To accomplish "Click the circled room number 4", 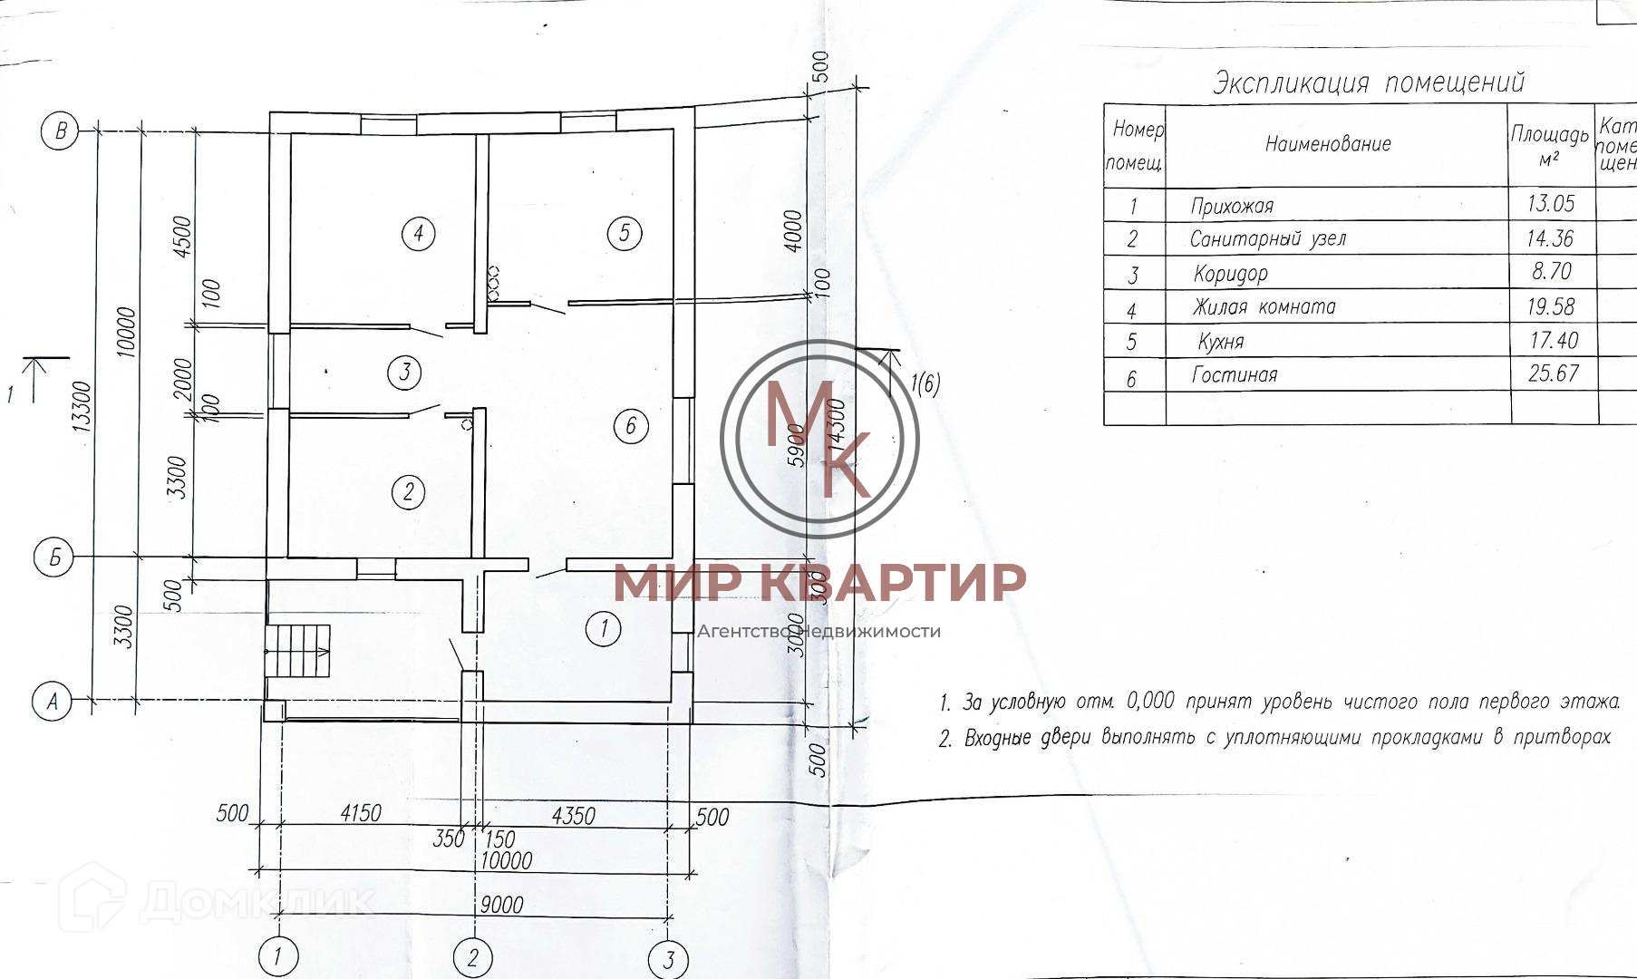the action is (418, 234).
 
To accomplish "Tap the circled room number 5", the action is (625, 233).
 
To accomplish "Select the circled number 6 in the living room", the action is (631, 425).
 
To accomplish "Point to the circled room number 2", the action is (408, 492).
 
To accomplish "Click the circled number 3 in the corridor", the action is (404, 372).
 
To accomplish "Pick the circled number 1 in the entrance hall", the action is (604, 628).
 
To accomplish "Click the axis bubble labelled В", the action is (60, 131).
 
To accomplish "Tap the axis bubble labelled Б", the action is (53, 557).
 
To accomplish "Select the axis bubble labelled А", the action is (52, 702).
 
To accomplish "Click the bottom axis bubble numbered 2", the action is (473, 957).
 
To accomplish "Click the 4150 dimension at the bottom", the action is (361, 813).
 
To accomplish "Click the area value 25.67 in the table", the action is (1553, 373).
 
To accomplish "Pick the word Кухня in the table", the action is (1220, 342).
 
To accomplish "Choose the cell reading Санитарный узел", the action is (1267, 238).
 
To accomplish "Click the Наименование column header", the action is (1327, 143).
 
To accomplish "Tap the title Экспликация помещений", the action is (1369, 82).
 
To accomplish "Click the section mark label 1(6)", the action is (925, 384).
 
